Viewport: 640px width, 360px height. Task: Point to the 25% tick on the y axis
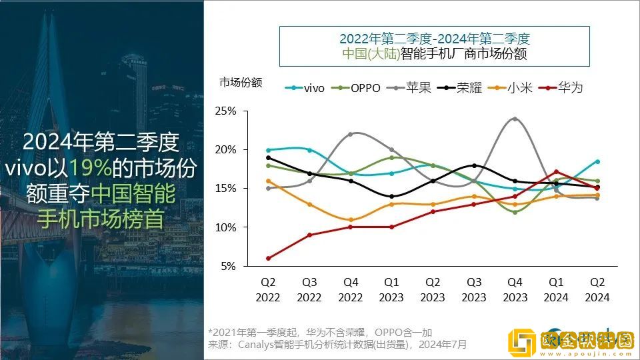[225, 111]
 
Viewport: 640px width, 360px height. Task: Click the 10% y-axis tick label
[225, 227]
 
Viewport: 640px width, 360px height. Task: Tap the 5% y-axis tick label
[228, 266]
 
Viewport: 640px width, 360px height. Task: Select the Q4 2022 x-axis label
[351, 291]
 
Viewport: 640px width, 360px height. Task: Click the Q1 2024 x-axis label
[555, 291]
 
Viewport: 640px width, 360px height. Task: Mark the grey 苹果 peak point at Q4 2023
[514, 119]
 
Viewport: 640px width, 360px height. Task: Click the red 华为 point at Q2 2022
[269, 258]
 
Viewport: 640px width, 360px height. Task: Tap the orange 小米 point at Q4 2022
[351, 219]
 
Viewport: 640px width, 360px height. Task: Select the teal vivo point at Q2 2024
[597, 161]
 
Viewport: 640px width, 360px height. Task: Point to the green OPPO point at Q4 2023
[514, 212]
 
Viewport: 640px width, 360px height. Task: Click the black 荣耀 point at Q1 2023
[391, 196]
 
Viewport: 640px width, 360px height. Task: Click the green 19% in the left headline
[84, 168]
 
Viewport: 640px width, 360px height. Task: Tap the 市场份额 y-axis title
[241, 83]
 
